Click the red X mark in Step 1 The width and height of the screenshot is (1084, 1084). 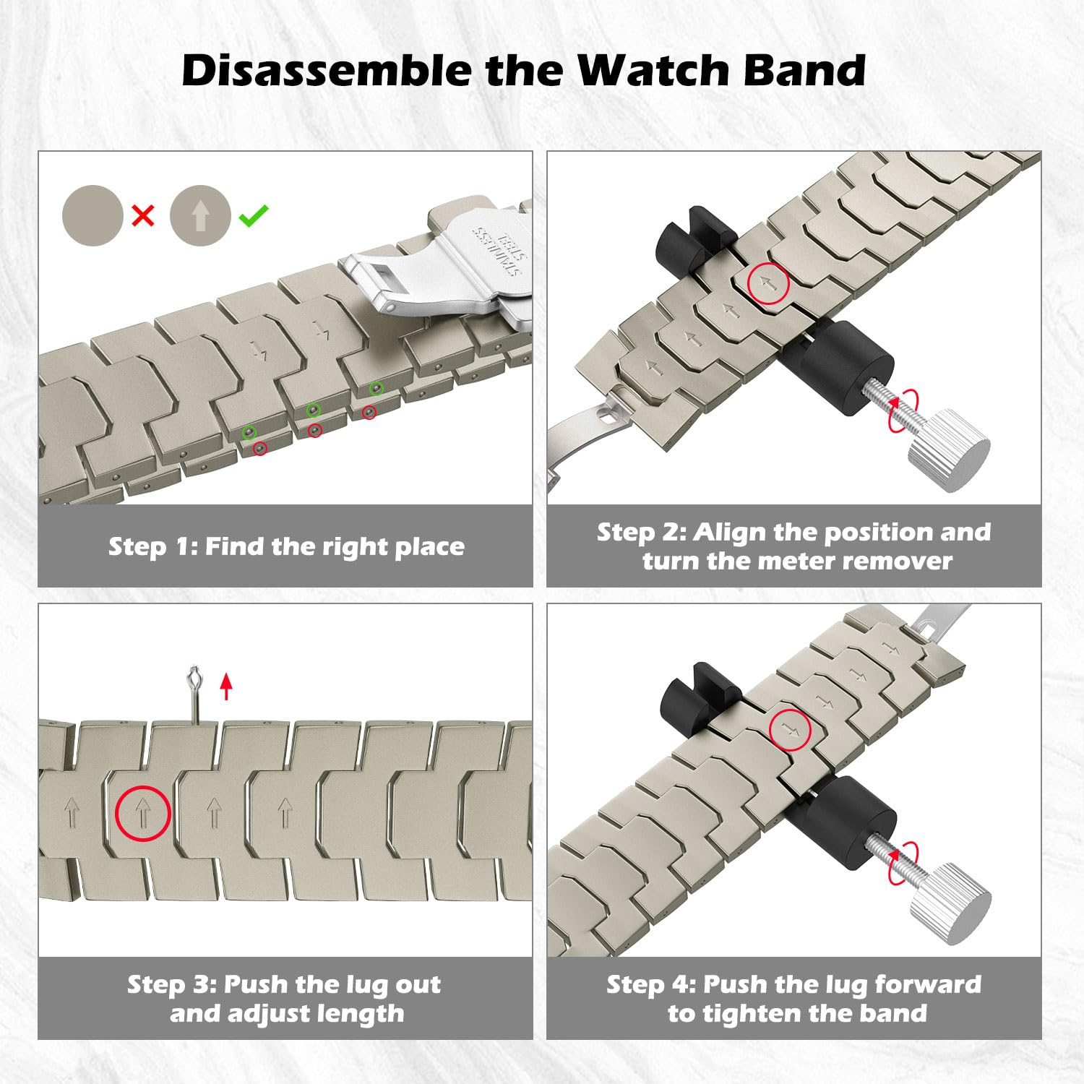143,215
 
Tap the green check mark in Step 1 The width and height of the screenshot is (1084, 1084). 254,215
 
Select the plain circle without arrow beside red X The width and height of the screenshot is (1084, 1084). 93,215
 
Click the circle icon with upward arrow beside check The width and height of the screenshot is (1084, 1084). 200,215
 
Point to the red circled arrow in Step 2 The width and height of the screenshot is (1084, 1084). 768,283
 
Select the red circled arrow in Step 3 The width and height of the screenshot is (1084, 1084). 142,814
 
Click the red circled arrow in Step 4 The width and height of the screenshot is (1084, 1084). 790,730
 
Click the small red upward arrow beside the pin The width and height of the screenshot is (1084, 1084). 226,686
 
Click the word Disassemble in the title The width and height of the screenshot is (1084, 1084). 327,71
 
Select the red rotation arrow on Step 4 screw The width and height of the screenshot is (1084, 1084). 903,862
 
